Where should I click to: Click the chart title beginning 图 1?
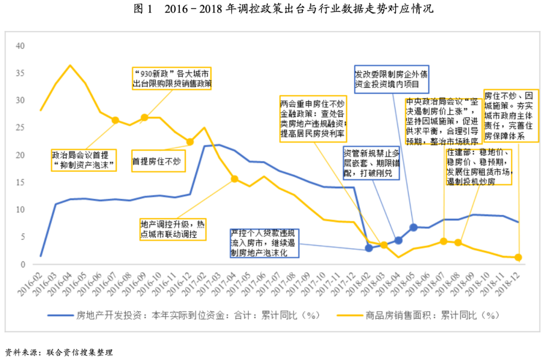[x=272, y=10]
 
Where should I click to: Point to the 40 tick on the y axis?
[x=20, y=45]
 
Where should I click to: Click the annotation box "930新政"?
[x=172, y=78]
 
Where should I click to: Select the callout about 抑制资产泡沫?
[x=83, y=160]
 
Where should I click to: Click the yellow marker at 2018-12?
[x=518, y=258]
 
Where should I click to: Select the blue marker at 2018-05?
[x=413, y=227]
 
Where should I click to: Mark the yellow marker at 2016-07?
[x=115, y=120]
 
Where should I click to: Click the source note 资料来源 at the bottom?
[x=58, y=352]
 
